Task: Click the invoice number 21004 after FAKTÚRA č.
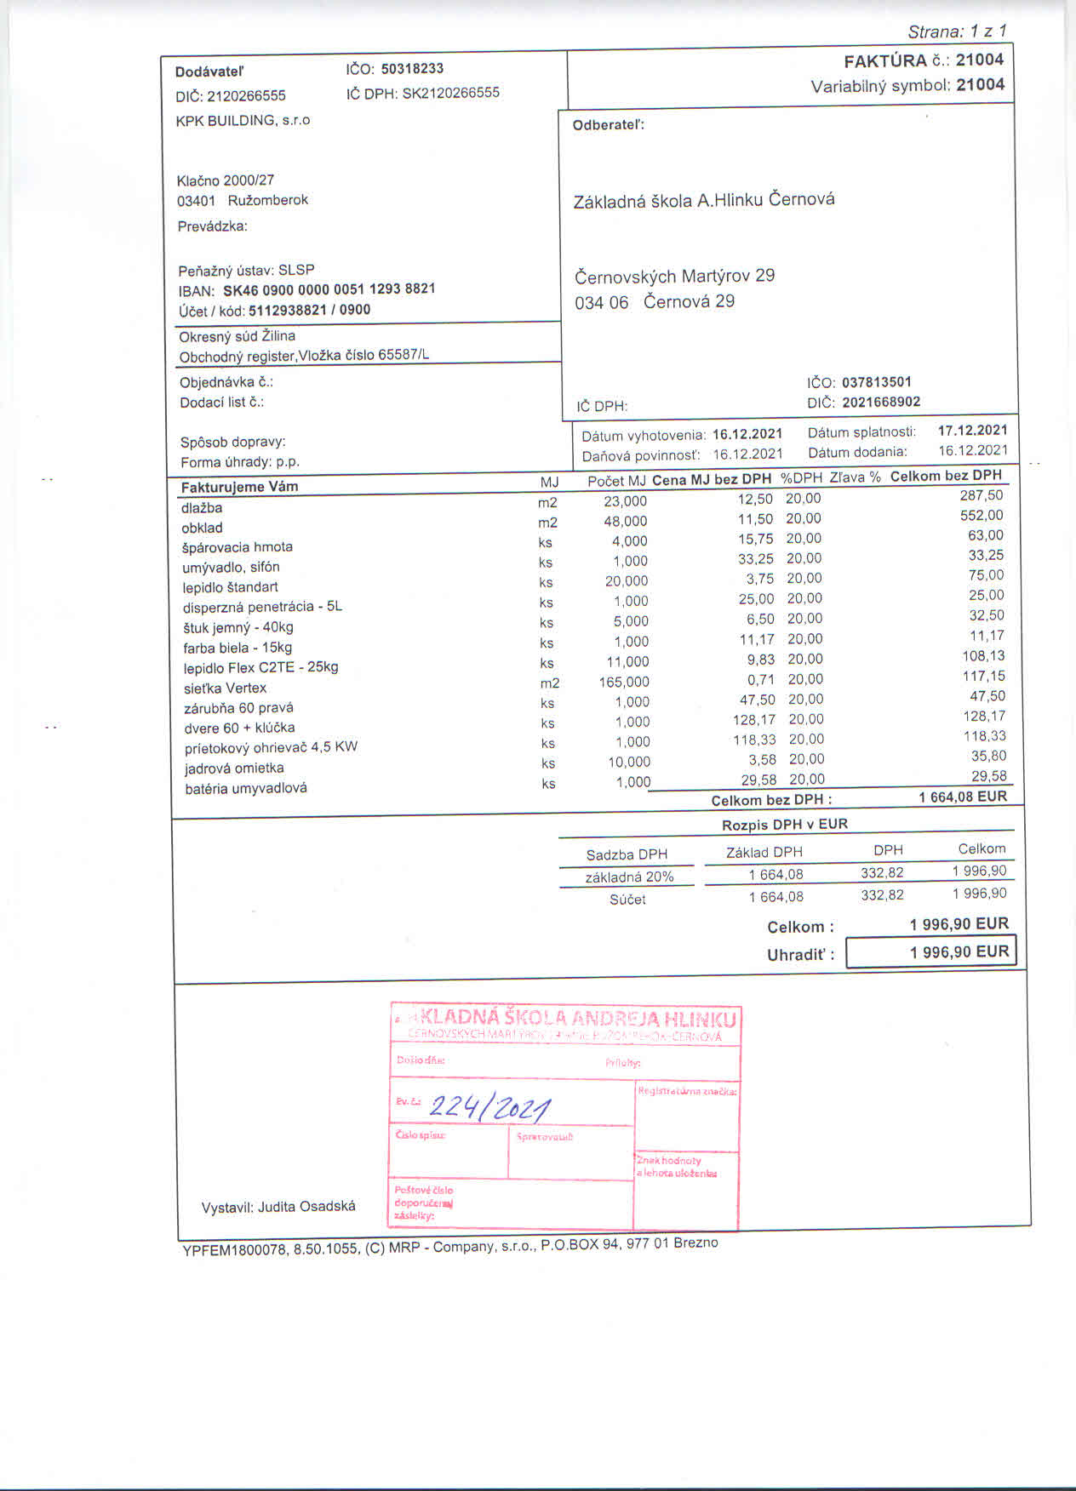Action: pos(979,60)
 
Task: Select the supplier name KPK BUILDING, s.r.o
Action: pos(243,120)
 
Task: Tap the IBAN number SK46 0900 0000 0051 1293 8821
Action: pos(329,289)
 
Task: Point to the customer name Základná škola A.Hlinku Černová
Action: pos(704,200)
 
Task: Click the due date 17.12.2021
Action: pos(972,430)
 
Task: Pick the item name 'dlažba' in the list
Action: pos(202,508)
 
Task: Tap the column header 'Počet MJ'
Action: pos(617,481)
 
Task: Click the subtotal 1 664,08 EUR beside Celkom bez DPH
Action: pos(963,797)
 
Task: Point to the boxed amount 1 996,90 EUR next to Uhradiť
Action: pos(959,951)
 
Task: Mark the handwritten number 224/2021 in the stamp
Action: pos(489,1107)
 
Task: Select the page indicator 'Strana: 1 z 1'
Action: pos(957,31)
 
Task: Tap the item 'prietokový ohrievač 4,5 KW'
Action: pos(271,747)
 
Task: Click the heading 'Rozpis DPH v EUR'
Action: pos(784,825)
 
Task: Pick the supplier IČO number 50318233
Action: pos(412,68)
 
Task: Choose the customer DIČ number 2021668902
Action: pos(881,402)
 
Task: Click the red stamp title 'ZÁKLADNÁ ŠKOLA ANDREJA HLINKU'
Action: pos(566,1019)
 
